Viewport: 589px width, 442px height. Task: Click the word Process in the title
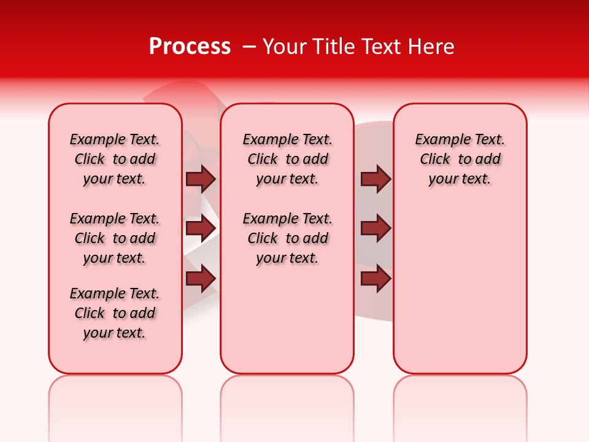[x=190, y=47]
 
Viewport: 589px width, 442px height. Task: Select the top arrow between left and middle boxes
[x=201, y=179]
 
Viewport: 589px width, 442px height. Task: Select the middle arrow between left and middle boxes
[x=201, y=229]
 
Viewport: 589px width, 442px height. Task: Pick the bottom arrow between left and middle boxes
[x=201, y=279]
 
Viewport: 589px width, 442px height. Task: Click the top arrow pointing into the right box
[x=375, y=179]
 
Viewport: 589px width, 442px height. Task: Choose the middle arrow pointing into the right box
[x=375, y=229]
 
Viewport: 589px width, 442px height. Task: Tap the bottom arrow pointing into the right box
[x=375, y=279]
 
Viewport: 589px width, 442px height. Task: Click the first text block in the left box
[x=115, y=159]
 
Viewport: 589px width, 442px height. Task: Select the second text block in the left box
[x=115, y=238]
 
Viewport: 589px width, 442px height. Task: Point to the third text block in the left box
[x=115, y=313]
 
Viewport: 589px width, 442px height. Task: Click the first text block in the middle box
[x=287, y=159]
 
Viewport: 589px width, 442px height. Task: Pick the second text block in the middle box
[x=287, y=238]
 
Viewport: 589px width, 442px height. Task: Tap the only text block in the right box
[x=460, y=159]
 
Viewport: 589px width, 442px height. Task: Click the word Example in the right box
[x=439, y=140]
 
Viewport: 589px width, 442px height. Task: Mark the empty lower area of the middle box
[x=287, y=319]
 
